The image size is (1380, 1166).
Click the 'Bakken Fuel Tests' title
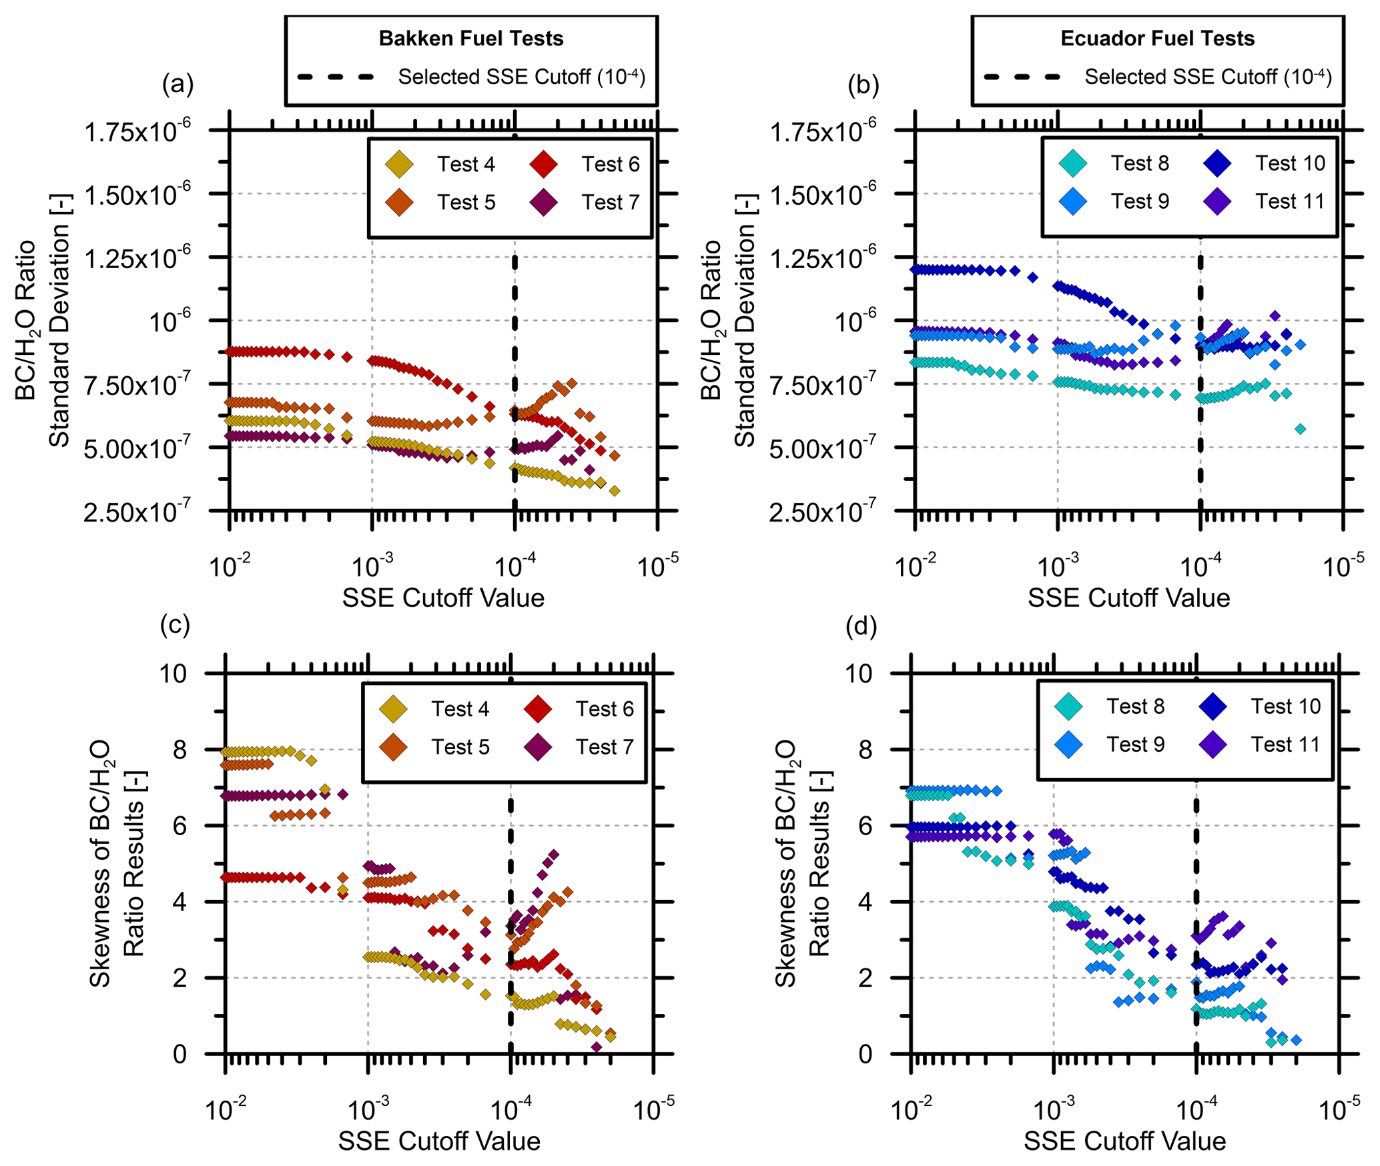click(x=471, y=39)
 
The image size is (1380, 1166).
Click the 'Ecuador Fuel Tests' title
click(x=1157, y=39)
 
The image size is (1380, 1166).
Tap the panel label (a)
click(x=178, y=85)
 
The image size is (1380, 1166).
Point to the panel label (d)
click(x=861, y=626)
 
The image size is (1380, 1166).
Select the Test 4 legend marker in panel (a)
click(x=399, y=164)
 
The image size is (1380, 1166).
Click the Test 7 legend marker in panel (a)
click(x=544, y=202)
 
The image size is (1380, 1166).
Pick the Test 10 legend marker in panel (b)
click(x=1218, y=163)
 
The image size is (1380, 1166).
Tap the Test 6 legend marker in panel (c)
click(x=538, y=708)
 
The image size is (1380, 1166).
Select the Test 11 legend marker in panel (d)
click(x=1213, y=744)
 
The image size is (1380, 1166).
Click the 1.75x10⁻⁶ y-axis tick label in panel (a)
click(x=137, y=131)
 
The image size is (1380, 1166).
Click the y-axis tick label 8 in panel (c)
click(x=180, y=750)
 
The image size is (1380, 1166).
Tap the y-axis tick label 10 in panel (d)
click(x=859, y=674)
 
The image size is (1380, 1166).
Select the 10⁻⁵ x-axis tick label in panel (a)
click(x=657, y=567)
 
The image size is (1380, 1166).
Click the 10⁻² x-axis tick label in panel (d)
click(x=912, y=1111)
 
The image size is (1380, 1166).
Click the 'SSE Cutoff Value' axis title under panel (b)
click(x=1128, y=598)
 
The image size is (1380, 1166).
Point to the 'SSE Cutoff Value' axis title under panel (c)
click(x=439, y=1141)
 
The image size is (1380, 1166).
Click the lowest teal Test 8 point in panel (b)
click(x=1300, y=429)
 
